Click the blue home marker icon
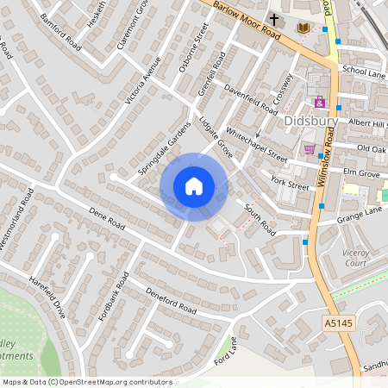(x=194, y=186)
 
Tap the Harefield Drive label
(x=48, y=297)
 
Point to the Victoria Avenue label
(x=143, y=81)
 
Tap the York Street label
(x=289, y=183)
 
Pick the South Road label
(x=259, y=220)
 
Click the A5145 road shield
(x=338, y=322)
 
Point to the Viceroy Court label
(x=355, y=257)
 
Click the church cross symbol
(x=274, y=19)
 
